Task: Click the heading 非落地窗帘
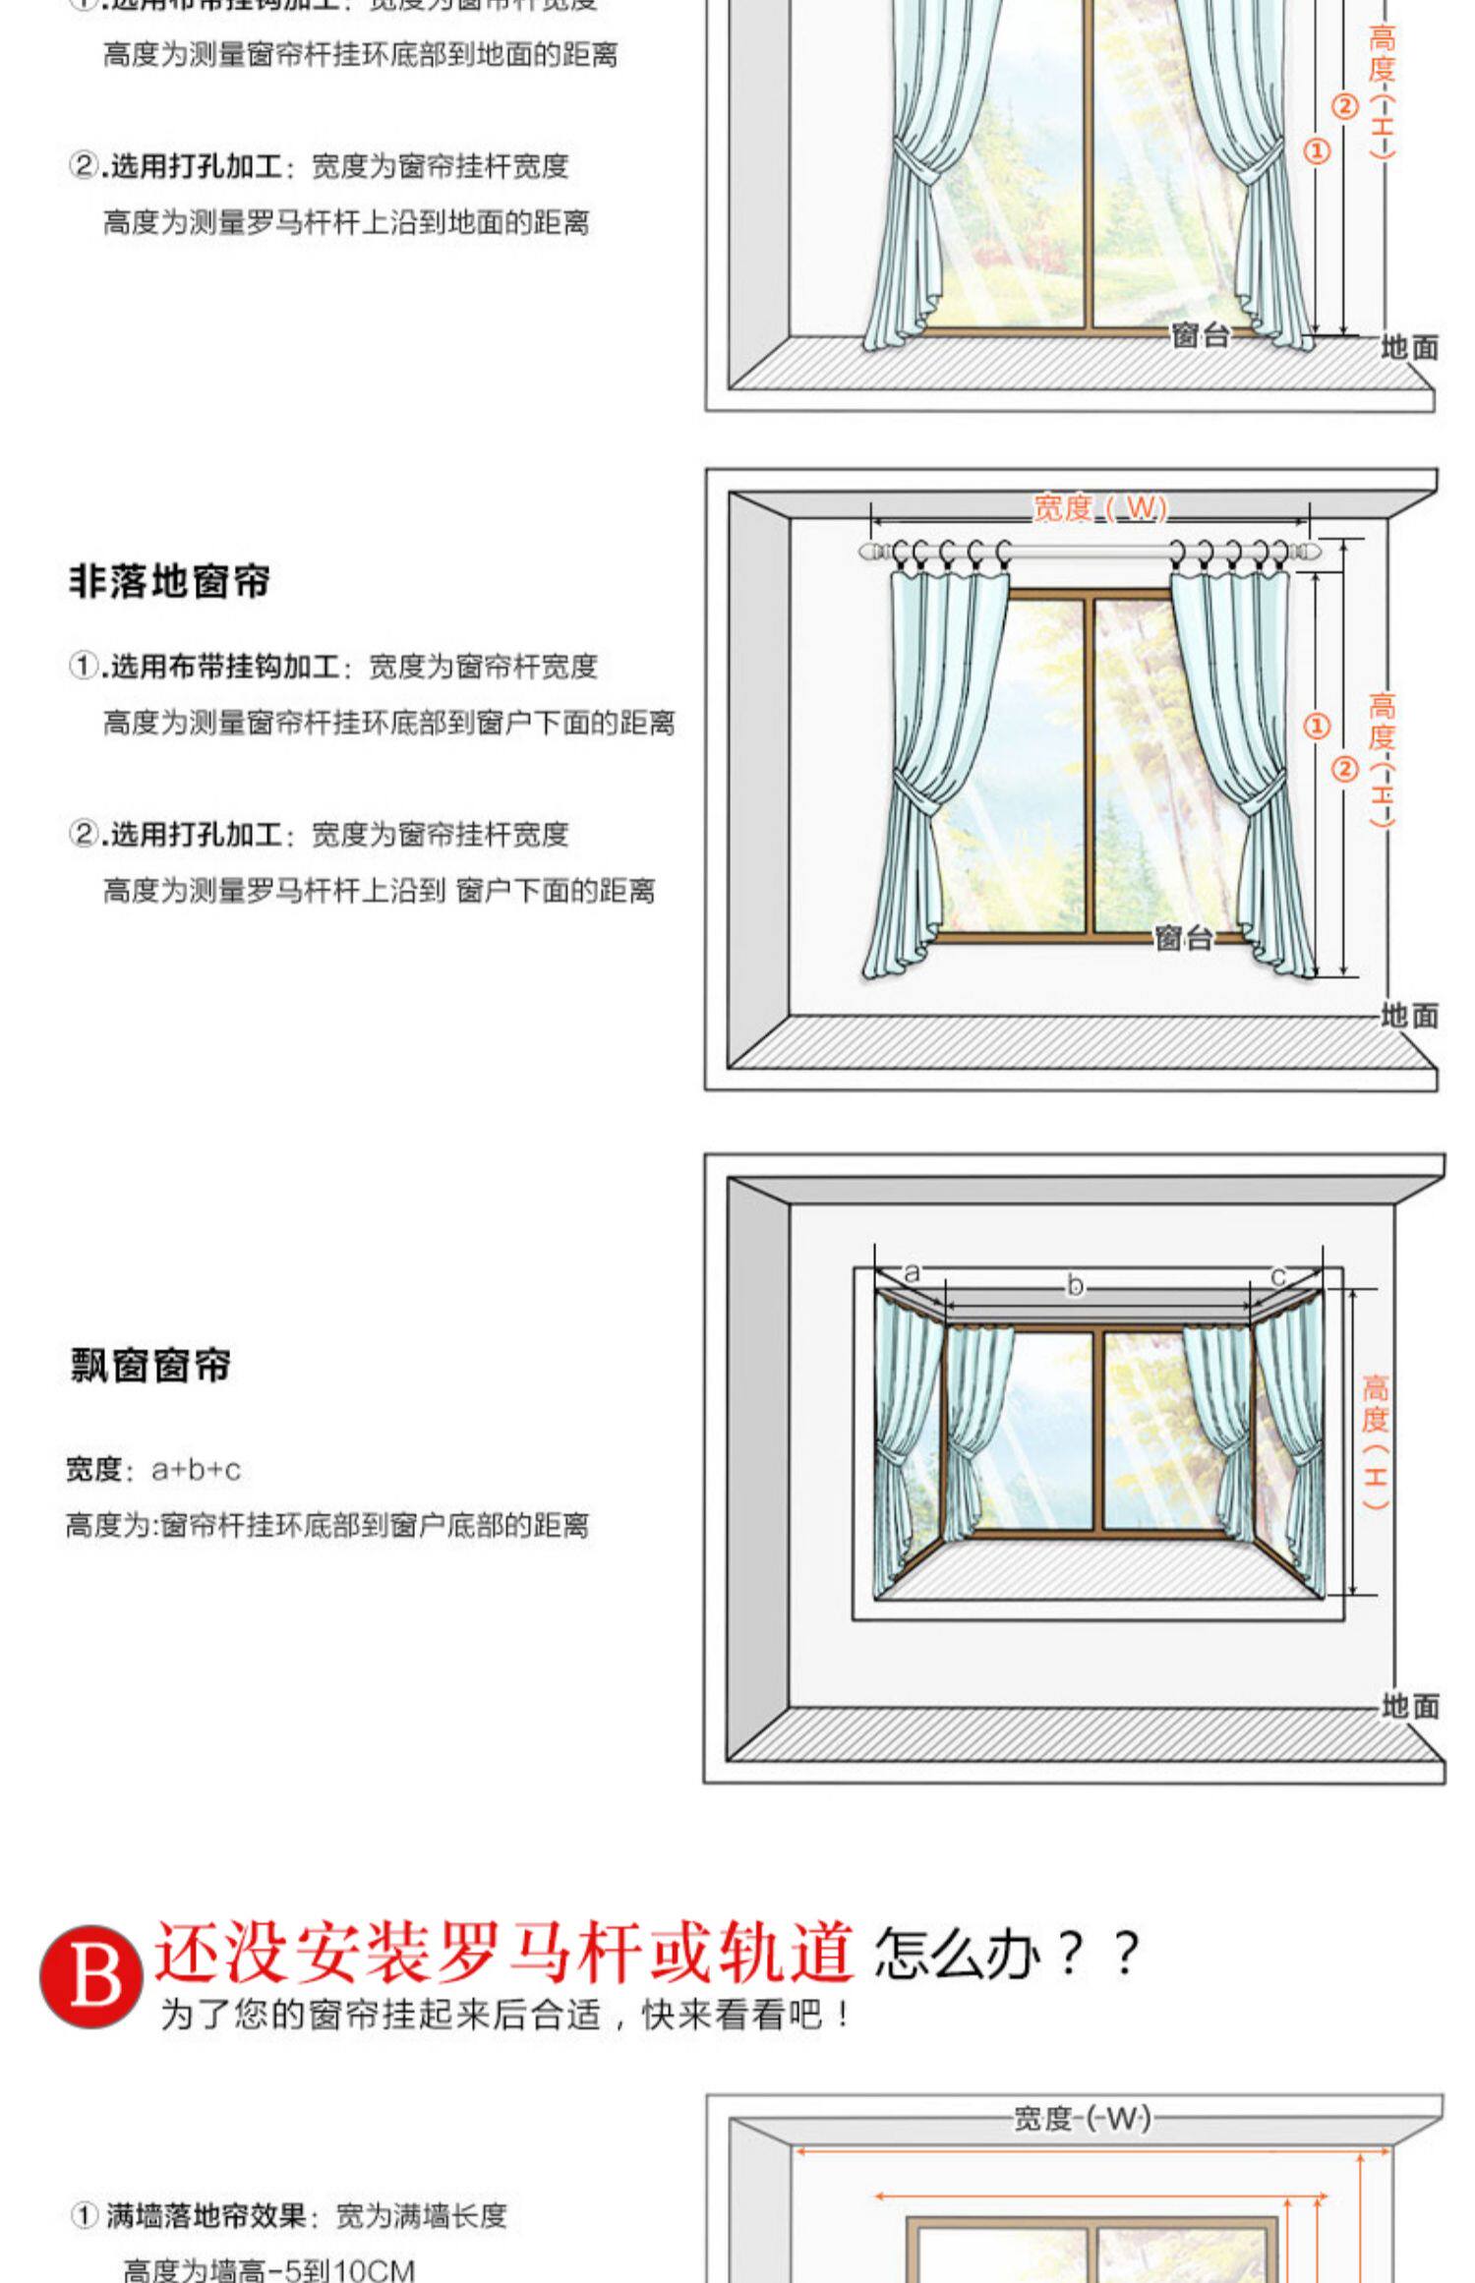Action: pos(169,581)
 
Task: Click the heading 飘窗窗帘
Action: pos(150,1365)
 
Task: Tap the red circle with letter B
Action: pos(89,1975)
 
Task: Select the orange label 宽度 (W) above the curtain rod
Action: pos(1099,508)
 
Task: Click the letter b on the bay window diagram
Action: pos(1075,1285)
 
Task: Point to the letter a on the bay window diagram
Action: pos(912,1273)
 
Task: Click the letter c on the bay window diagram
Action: pos(1277,1276)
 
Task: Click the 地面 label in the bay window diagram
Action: pos(1409,1706)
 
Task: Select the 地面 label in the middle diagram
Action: pos(1409,1015)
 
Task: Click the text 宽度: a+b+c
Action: pos(153,1470)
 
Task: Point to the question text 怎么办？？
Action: pos(1007,1953)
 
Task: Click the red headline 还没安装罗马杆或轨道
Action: pos(503,1952)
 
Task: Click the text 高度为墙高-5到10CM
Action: pos(268,2269)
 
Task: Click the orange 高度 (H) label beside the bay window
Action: pos(1376,1440)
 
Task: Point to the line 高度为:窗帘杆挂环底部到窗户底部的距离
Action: pos(327,1525)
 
